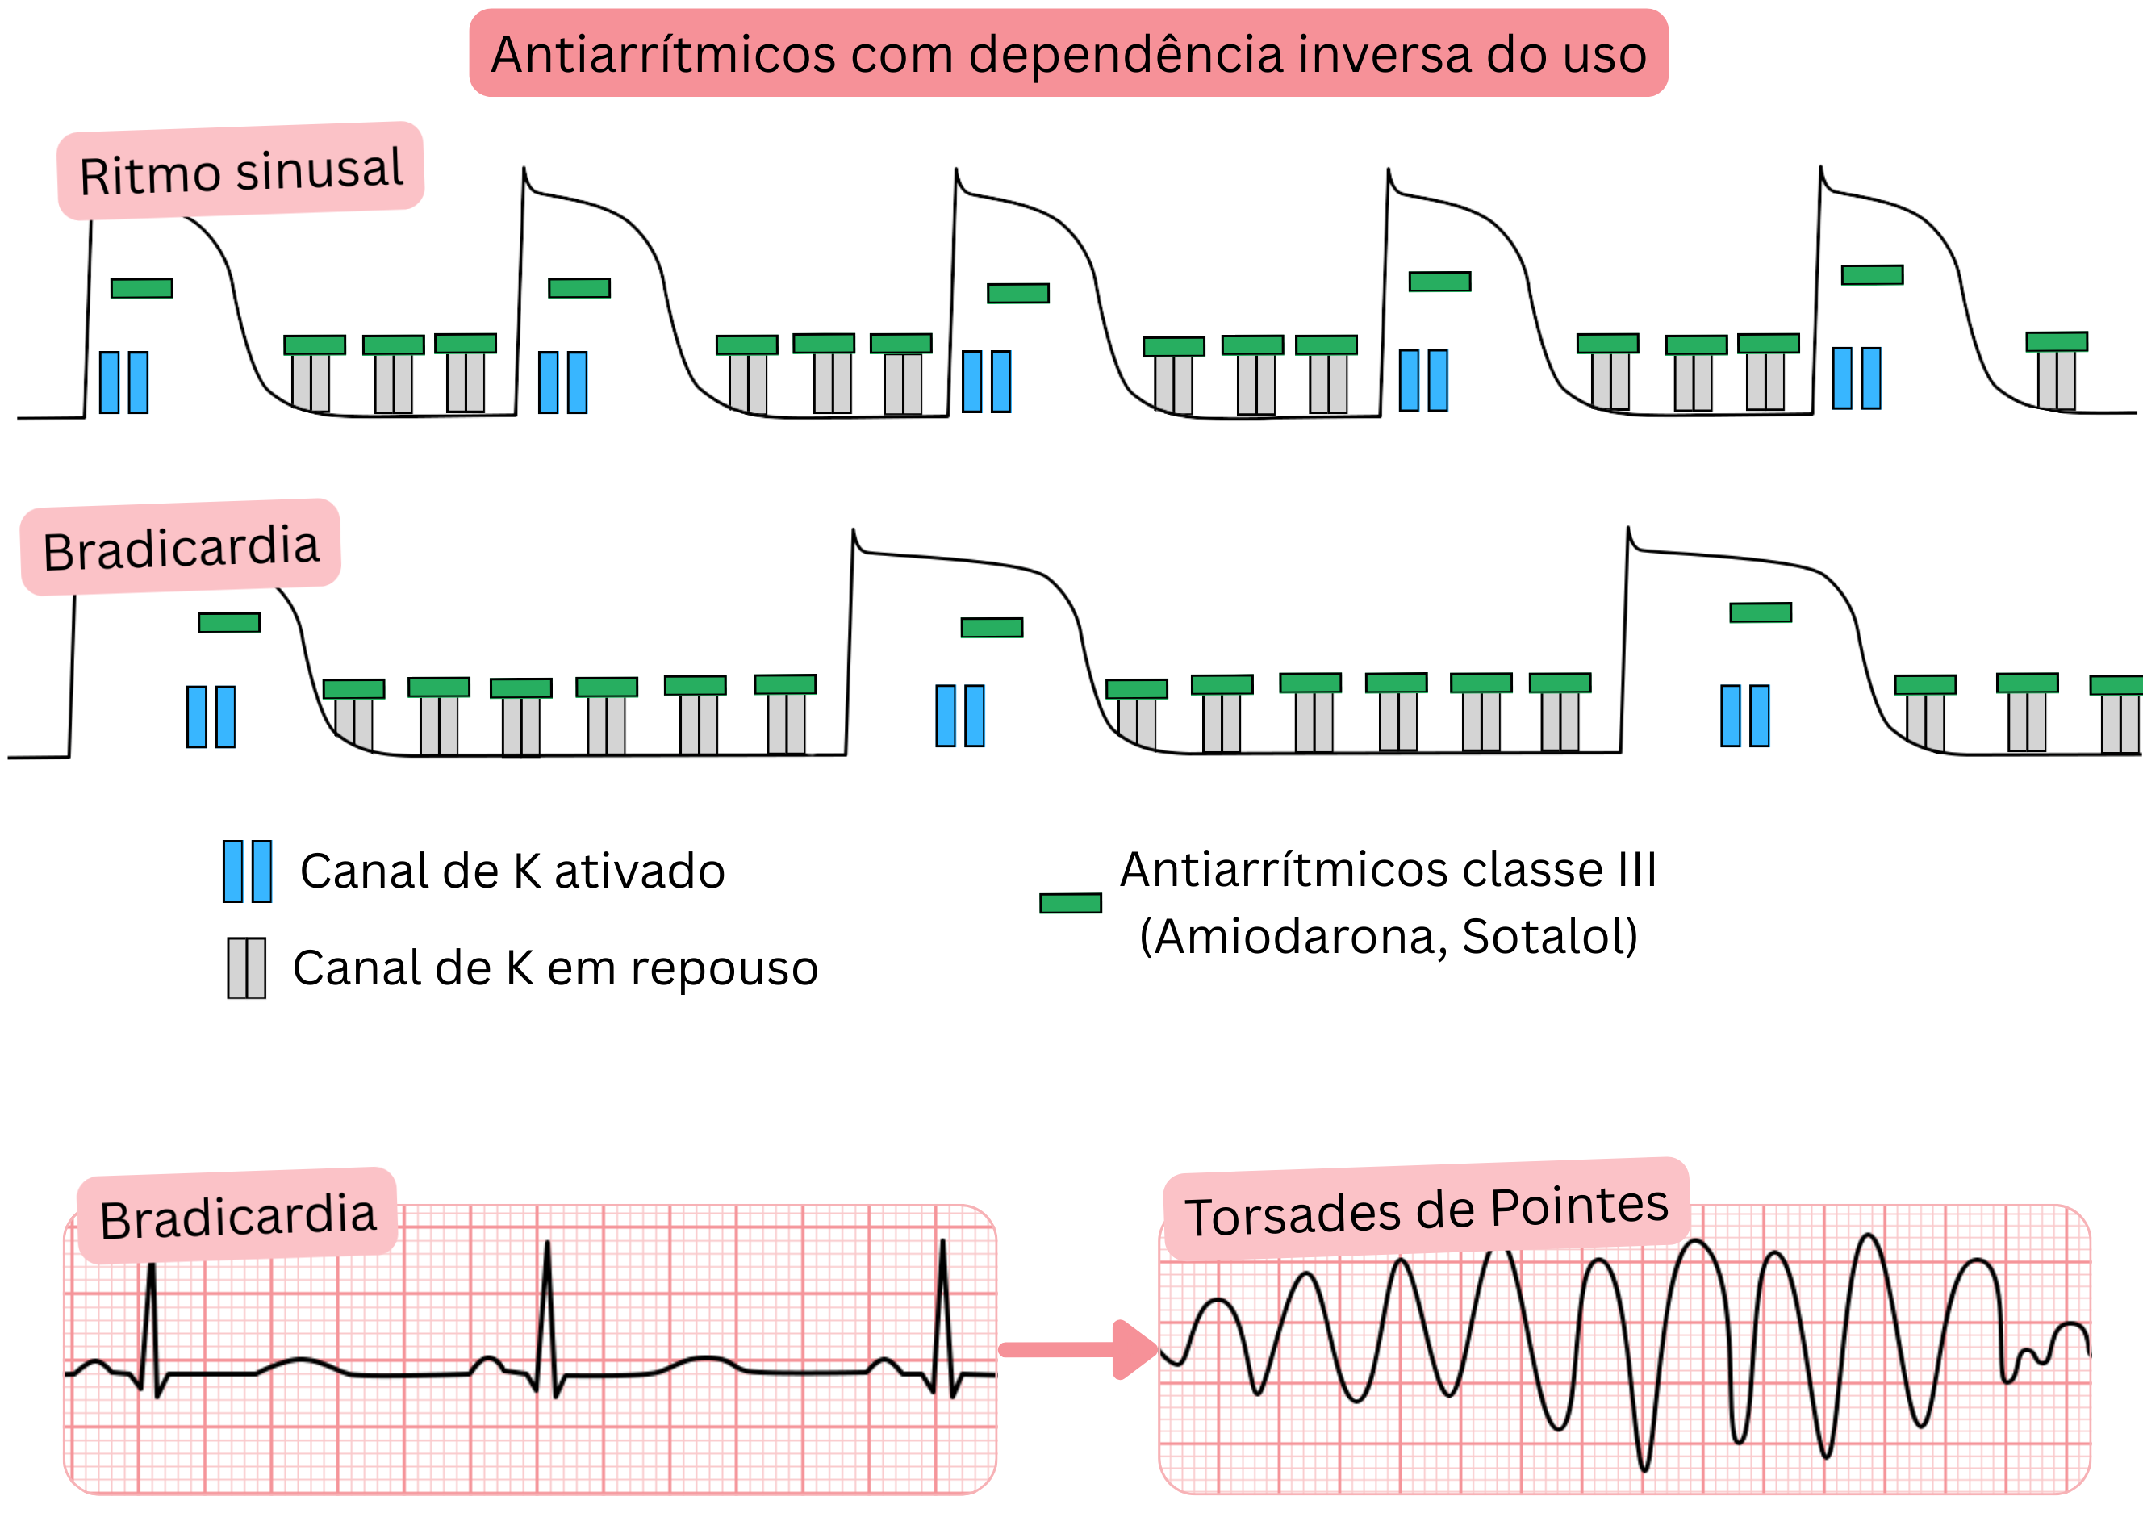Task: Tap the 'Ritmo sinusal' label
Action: point(240,172)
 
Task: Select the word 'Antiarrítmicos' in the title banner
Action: point(662,54)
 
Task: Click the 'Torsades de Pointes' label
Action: point(1427,1210)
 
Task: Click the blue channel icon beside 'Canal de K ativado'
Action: point(248,871)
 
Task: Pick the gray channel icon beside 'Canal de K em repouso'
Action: point(246,968)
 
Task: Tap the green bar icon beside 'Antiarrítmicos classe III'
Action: point(1071,903)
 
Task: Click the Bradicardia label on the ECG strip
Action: point(238,1217)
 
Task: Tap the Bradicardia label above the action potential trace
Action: point(181,548)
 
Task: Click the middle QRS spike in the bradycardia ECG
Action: point(547,1306)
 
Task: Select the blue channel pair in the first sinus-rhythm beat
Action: point(124,382)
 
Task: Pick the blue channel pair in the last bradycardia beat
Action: point(1744,716)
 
